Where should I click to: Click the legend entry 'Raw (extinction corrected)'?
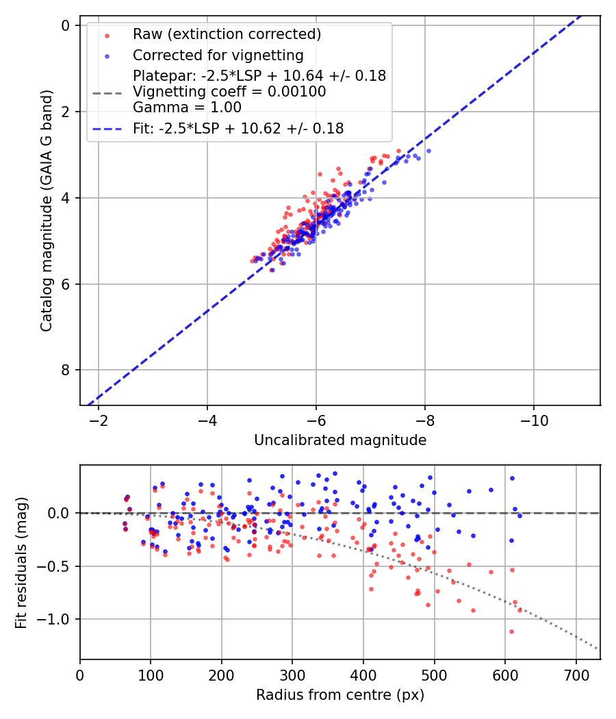227,34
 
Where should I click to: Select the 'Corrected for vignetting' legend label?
218,55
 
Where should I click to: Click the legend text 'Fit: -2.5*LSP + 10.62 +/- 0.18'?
238,128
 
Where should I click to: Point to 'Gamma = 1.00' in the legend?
187,107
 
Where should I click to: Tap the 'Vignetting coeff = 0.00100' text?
229,91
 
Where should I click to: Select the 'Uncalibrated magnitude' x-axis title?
340,440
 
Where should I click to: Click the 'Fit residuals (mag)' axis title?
21,563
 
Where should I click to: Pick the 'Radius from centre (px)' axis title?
340,695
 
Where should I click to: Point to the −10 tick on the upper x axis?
534,420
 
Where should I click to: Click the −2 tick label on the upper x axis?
99,420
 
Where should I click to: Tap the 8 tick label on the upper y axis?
66,370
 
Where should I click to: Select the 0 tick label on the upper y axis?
66,26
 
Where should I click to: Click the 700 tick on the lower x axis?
576,674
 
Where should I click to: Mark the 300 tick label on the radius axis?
292,674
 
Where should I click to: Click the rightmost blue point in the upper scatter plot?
428,151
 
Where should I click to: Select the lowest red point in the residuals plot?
511,631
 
